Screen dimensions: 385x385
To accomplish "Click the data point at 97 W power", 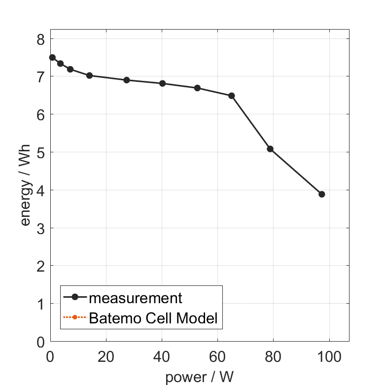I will coord(322,194).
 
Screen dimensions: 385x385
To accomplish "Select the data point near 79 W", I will coord(270,149).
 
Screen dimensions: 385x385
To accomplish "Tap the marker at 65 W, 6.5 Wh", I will coord(232,96).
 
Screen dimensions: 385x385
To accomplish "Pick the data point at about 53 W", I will coord(197,88).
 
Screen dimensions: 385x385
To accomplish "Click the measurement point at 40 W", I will coord(162,83).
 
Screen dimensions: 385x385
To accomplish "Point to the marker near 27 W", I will coord(127,80).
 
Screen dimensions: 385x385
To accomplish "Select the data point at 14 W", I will coord(89,75).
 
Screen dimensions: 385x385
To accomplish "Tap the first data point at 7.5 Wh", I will coord(52,58).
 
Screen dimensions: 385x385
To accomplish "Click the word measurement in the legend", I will coord(136,298).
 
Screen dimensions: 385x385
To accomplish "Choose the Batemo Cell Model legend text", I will coord(153,318).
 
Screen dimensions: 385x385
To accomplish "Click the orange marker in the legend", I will coord(74,317).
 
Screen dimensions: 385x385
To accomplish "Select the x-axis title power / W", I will coord(199,377).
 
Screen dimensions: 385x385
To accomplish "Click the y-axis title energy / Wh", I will coord(26,185).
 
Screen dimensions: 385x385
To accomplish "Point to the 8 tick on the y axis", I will coord(40,39).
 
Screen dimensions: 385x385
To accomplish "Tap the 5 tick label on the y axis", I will coord(40,153).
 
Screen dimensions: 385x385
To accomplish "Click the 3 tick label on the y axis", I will coord(40,229).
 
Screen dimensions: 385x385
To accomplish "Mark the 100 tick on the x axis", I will coord(329,356).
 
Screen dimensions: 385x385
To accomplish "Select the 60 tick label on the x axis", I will coord(217,356).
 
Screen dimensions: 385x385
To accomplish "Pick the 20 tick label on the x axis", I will coord(106,356).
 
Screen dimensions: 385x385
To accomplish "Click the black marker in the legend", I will coord(75,297).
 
